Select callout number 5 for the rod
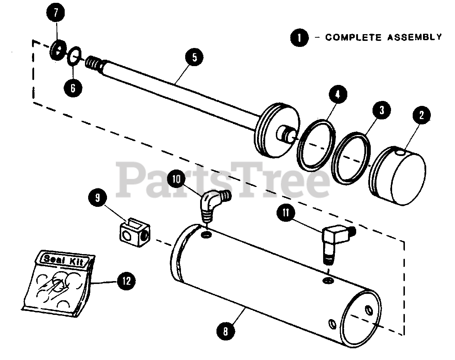(194, 58)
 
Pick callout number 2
(422, 115)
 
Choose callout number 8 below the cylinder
(226, 332)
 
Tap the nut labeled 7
(58, 49)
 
